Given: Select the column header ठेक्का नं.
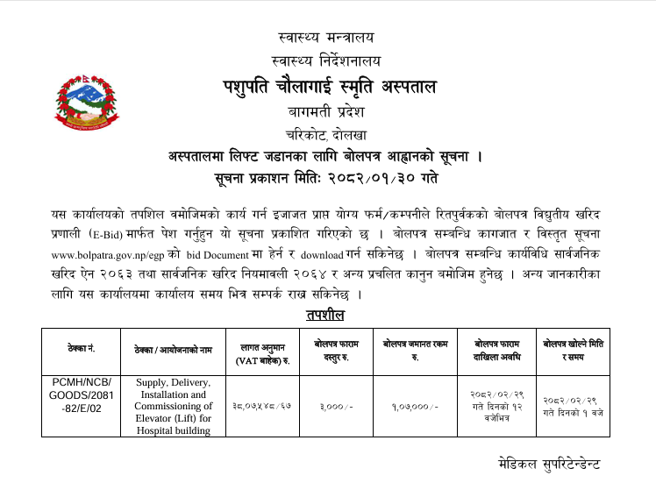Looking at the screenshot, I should coord(81,348).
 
